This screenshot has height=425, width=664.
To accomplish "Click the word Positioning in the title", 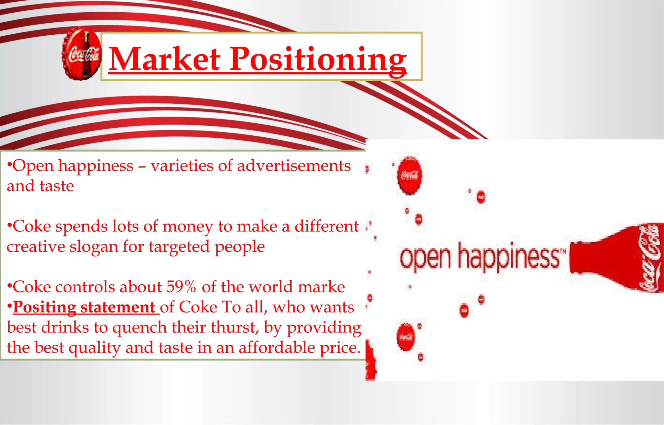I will coord(318,59).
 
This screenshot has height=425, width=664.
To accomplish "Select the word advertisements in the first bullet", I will coord(294,166).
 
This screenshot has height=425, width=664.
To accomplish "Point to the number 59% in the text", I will coord(181,287).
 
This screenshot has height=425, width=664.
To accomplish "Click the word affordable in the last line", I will coord(277,348).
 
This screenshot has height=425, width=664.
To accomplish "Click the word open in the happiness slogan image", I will coord(425,258).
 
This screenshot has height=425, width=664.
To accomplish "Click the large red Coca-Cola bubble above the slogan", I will coord(409,175).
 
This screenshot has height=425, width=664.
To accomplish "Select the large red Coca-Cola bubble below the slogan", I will coord(406,337).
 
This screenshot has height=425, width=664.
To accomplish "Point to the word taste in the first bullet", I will coord(57,186).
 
